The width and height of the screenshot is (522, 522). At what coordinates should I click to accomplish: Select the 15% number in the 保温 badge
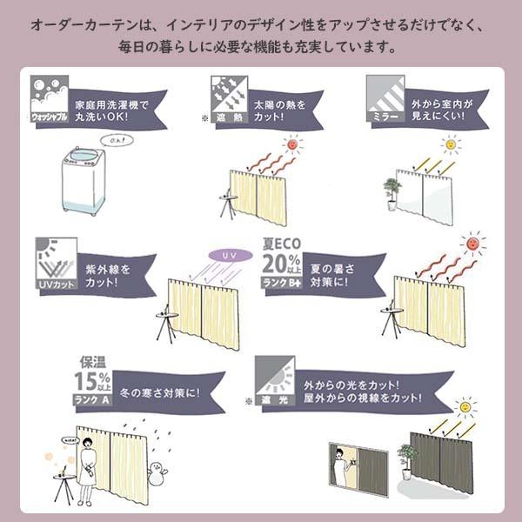click(91, 382)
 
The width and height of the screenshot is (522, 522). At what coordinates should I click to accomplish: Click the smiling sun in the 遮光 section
click(467, 406)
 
